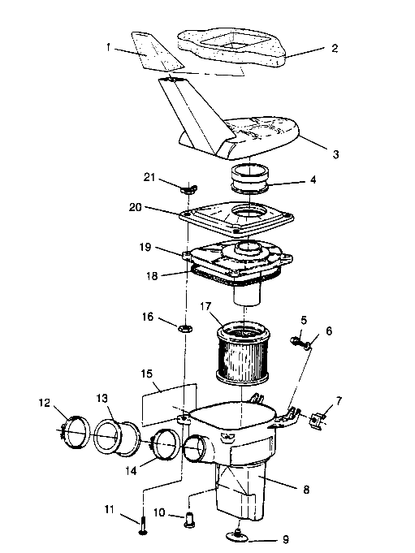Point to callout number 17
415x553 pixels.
tap(205, 308)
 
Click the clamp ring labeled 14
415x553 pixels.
tap(166, 447)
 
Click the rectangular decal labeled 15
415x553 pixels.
tap(169, 401)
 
